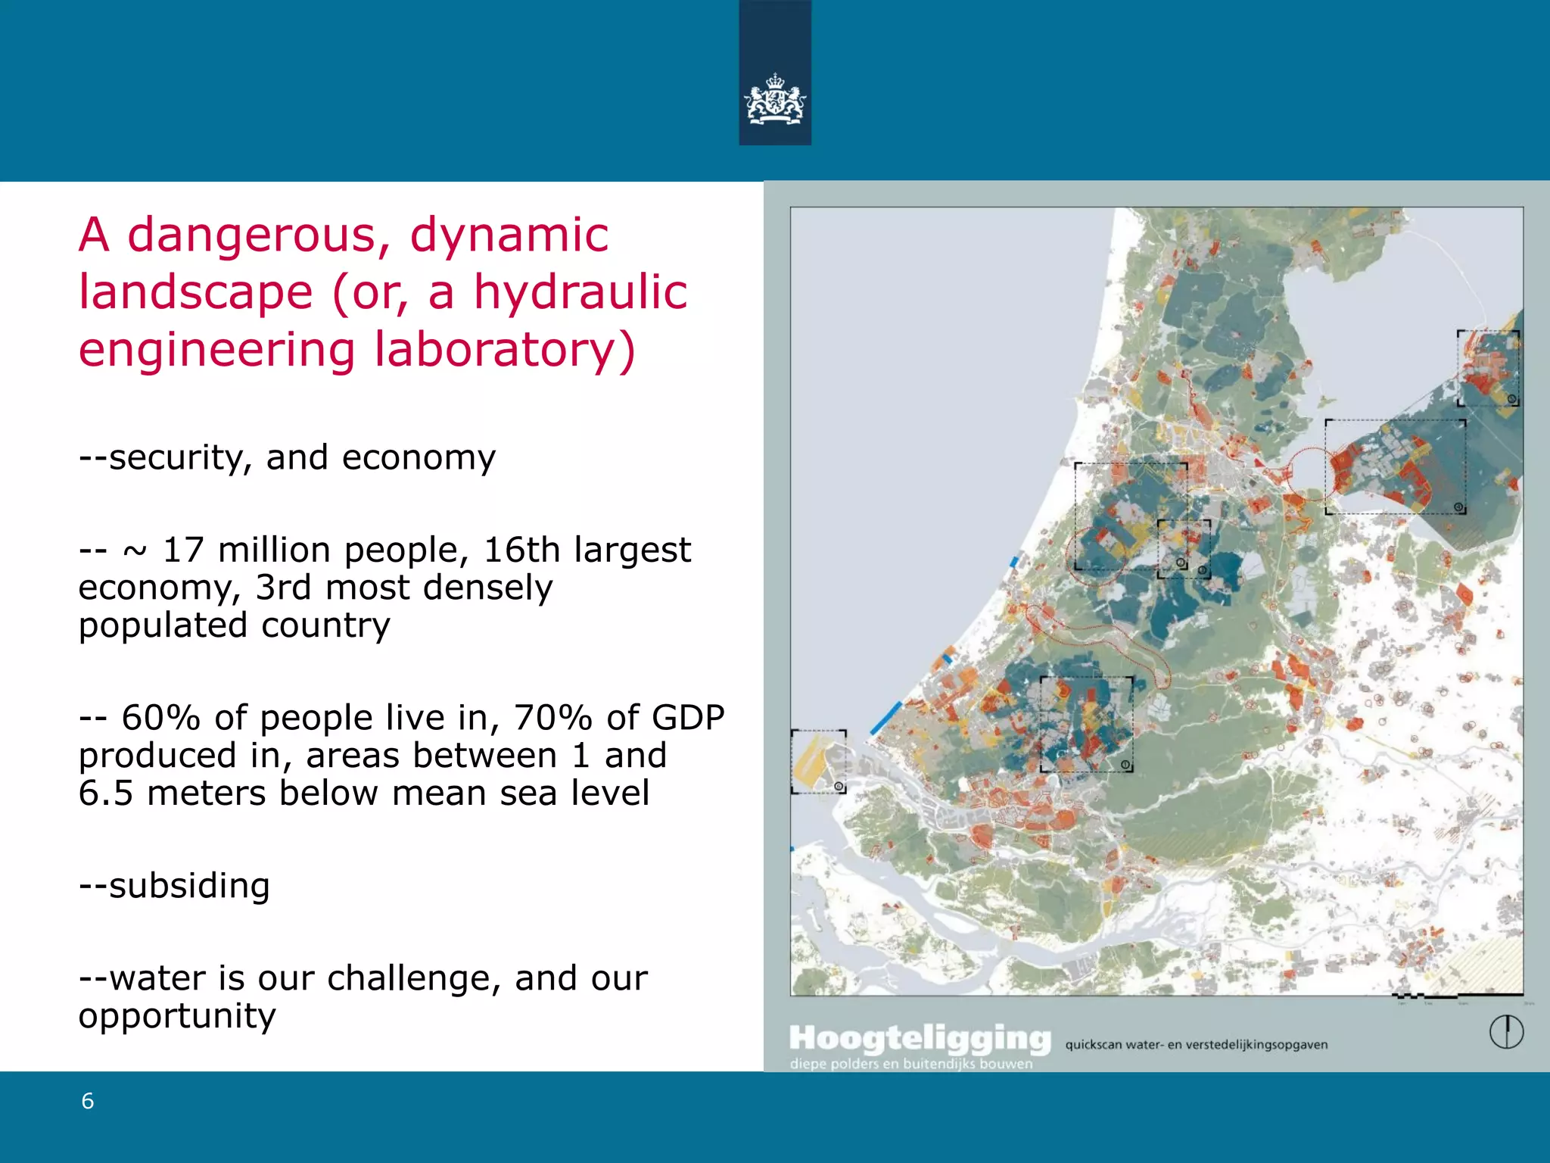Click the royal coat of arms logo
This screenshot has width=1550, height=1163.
pyautogui.click(x=775, y=98)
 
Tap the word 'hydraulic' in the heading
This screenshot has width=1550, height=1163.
pyautogui.click(x=580, y=293)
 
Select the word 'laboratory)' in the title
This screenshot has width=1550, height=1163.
pyautogui.click(x=505, y=351)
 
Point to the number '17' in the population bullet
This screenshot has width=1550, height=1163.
pyautogui.click(x=183, y=550)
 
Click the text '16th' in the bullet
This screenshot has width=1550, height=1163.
pyautogui.click(x=521, y=550)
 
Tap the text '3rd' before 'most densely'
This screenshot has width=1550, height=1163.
pyautogui.click(x=283, y=588)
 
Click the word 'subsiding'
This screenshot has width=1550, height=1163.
pyautogui.click(x=189, y=887)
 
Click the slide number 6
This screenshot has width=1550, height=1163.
pyautogui.click(x=88, y=1102)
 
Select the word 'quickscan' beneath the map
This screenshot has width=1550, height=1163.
pyautogui.click(x=1093, y=1045)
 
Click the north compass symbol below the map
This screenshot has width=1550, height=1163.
pyautogui.click(x=1506, y=1032)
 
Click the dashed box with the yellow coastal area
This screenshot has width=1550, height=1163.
pyautogui.click(x=818, y=761)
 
